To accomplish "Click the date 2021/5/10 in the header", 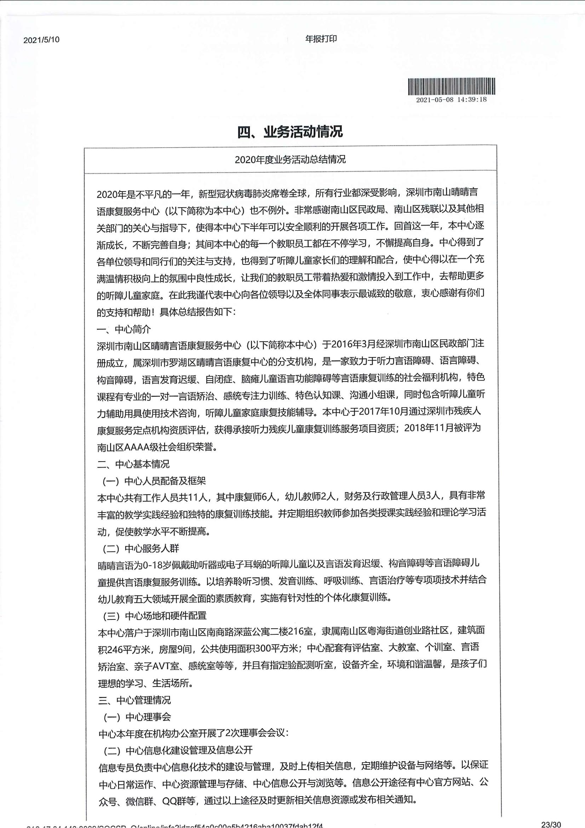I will pyautogui.click(x=41, y=40).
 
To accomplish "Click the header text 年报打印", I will pyautogui.click(x=321, y=39).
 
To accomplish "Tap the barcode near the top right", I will pyautogui.click(x=451, y=86).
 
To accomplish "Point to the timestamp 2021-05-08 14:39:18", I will pyautogui.click(x=451, y=99).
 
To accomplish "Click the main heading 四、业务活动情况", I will pyautogui.click(x=290, y=132).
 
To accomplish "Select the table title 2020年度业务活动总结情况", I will pyautogui.click(x=290, y=159).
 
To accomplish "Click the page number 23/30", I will pyautogui.click(x=551, y=824).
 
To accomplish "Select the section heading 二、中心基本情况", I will pyautogui.click(x=133, y=464).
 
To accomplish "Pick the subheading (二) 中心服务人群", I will pyautogui.click(x=141, y=548).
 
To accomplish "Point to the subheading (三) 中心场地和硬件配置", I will pyautogui.click(x=155, y=616).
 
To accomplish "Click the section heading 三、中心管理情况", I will pyautogui.click(x=134, y=700).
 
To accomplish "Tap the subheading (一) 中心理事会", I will pyautogui.click(x=137, y=717).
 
